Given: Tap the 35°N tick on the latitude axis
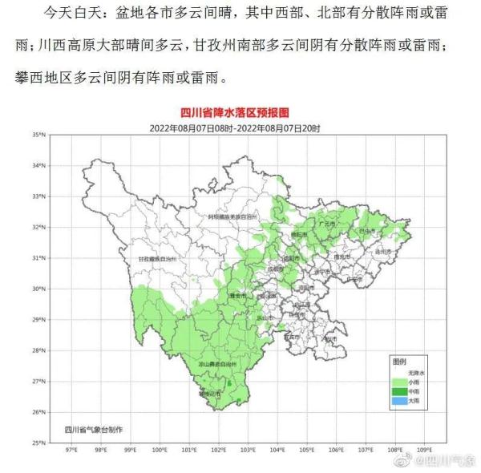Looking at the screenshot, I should tap(38, 135).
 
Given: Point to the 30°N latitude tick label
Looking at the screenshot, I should tap(38, 289).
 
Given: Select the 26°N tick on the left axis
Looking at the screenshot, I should tap(38, 412).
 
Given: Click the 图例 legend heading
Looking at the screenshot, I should tap(398, 362).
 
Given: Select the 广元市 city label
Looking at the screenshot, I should tap(327, 225).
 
